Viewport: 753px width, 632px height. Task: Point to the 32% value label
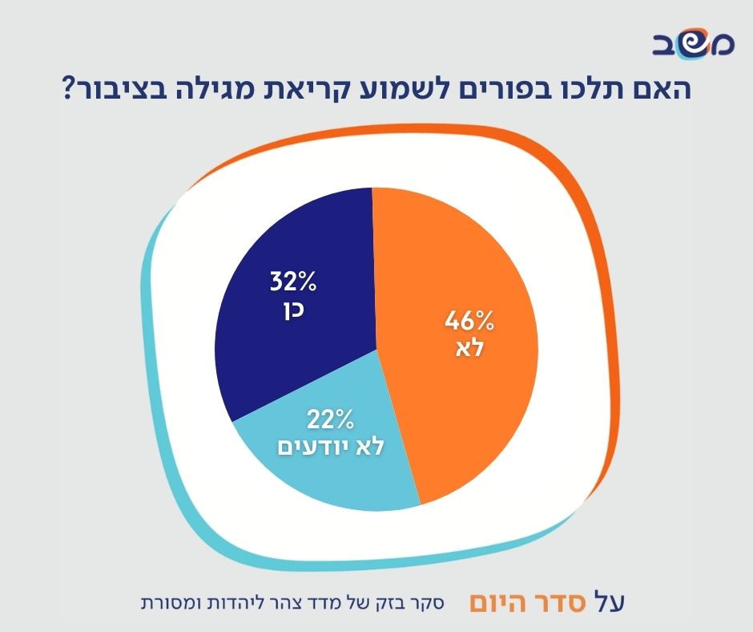[x=293, y=282]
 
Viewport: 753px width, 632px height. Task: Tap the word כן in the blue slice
[x=293, y=310]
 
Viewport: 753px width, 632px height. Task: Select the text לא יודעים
[x=331, y=445]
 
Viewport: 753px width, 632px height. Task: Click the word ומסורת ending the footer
[x=165, y=602]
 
